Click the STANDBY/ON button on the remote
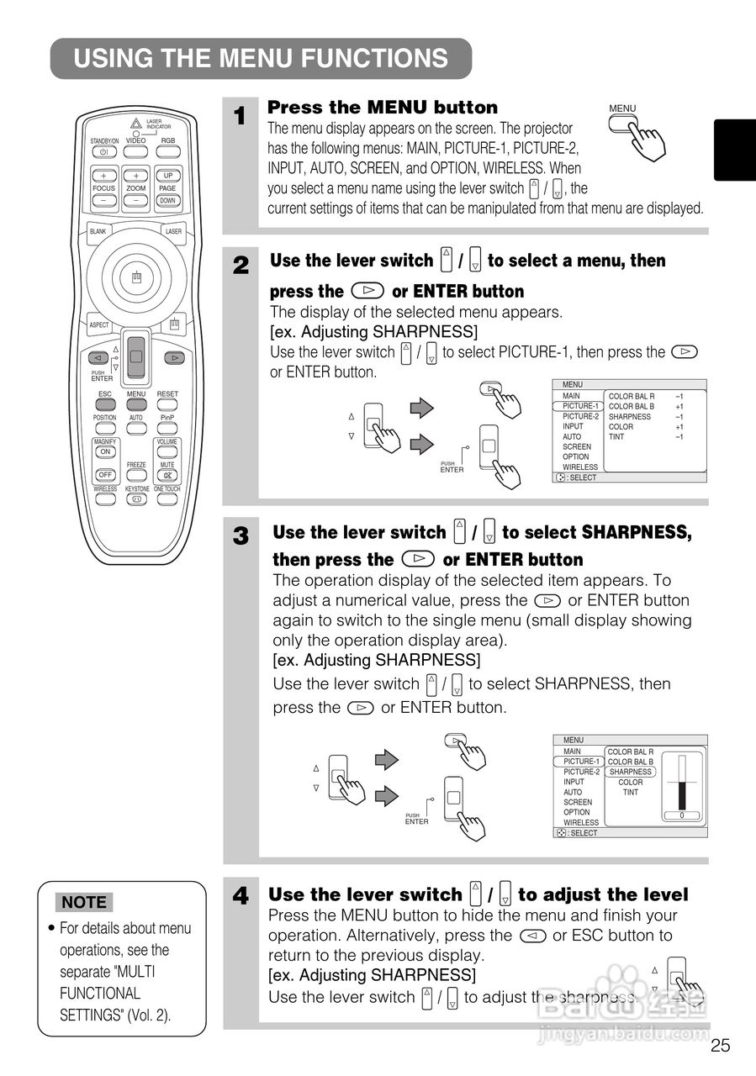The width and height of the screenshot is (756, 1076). tap(103, 152)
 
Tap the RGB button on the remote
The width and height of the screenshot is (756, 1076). tap(168, 152)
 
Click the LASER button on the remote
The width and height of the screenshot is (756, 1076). tap(173, 231)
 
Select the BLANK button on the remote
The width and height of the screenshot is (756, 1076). tap(98, 231)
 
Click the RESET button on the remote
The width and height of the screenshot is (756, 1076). tap(167, 405)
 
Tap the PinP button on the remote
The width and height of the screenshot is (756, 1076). tap(167, 429)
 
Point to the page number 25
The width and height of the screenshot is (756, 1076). tap(720, 1046)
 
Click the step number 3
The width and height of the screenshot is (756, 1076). tap(241, 536)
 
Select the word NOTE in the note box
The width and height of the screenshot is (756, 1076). tap(84, 903)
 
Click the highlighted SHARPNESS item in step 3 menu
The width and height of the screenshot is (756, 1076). tap(630, 772)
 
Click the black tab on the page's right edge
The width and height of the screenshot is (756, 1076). tap(734, 150)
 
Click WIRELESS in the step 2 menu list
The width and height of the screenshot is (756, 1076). tap(580, 467)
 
